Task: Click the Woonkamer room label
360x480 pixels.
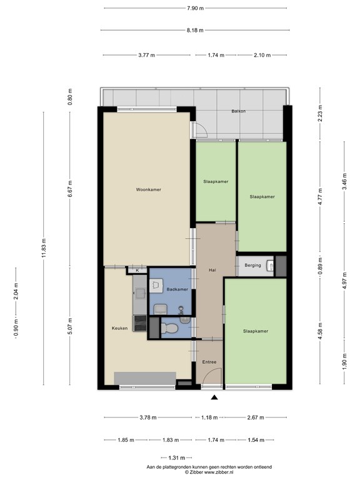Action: pyautogui.click(x=149, y=189)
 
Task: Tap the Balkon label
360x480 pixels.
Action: pyautogui.click(x=239, y=111)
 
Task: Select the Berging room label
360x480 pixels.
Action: pyautogui.click(x=253, y=266)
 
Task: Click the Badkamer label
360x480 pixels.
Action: pyautogui.click(x=177, y=289)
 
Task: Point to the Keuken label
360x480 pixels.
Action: pyautogui.click(x=120, y=328)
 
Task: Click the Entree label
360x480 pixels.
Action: pyautogui.click(x=209, y=362)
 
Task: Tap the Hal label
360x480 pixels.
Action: pyautogui.click(x=212, y=270)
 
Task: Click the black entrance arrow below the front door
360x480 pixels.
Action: pyautogui.click(x=214, y=397)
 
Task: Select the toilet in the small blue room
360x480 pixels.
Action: pyautogui.click(x=169, y=329)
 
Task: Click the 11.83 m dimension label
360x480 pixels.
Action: pyautogui.click(x=44, y=248)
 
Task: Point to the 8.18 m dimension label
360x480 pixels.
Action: pyautogui.click(x=195, y=30)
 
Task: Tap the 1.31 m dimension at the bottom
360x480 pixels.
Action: pyautogui.click(x=177, y=458)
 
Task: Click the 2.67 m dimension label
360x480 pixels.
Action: pyautogui.click(x=256, y=417)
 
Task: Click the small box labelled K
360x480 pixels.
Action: pyautogui.click(x=137, y=270)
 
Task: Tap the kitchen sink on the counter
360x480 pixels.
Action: pyautogui.click(x=141, y=293)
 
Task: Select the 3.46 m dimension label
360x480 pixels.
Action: pyautogui.click(x=344, y=181)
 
